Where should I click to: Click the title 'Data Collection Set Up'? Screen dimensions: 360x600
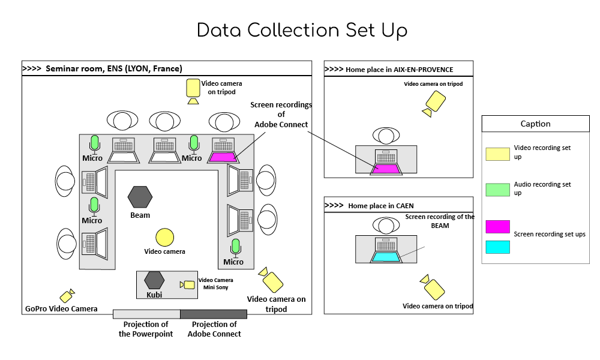[302, 31]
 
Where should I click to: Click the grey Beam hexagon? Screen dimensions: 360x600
[140, 196]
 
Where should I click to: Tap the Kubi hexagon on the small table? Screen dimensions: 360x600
[154, 280]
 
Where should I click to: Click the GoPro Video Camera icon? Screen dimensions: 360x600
[67, 296]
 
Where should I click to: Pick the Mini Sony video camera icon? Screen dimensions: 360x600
[188, 285]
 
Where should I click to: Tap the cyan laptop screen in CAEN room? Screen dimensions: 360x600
[386, 257]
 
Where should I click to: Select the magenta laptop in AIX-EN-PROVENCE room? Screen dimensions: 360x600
[386, 169]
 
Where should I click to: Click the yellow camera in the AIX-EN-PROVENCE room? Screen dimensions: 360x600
[434, 104]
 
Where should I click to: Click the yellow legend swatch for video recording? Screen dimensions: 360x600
[497, 154]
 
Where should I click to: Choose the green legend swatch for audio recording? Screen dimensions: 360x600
[497, 190]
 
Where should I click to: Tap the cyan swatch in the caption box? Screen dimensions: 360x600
[497, 247]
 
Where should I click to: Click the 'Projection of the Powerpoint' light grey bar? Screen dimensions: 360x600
[146, 314]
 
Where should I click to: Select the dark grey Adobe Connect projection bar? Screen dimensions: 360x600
[214, 314]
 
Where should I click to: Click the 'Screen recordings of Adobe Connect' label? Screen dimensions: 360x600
[281, 115]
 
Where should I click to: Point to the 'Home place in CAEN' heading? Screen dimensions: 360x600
[380, 206]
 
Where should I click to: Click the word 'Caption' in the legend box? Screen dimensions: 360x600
[535, 124]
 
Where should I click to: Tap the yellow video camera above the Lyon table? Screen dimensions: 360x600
[193, 89]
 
